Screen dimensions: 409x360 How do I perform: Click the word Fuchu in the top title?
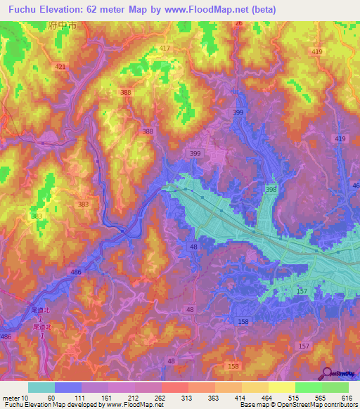(x=22, y=10)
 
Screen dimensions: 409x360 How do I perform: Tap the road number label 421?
(x=60, y=67)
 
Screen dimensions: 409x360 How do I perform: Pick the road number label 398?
(x=271, y=190)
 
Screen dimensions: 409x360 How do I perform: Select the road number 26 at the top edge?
(x=238, y=24)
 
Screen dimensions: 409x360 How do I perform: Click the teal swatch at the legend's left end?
(x=41, y=387)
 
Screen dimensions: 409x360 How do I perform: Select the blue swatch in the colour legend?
(x=68, y=387)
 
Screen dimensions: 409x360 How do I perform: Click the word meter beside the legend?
(x=11, y=398)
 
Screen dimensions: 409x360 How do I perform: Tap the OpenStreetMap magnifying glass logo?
(x=328, y=375)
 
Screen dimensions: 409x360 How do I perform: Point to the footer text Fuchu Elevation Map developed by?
(x=52, y=405)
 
